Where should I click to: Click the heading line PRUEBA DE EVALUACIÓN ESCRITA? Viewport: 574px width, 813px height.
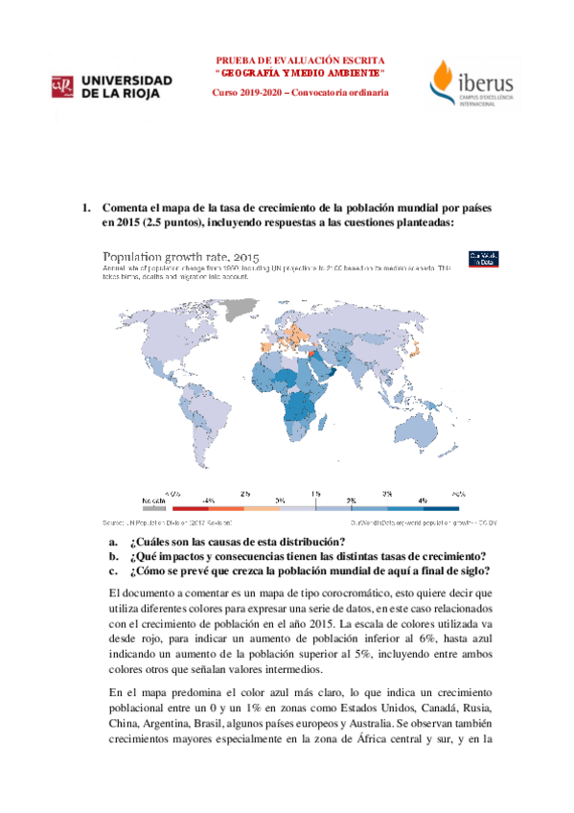point(301,58)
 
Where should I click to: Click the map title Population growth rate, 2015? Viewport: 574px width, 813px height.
point(181,257)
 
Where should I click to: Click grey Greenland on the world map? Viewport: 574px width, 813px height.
point(246,308)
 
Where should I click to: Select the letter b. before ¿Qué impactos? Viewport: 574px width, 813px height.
point(114,556)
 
